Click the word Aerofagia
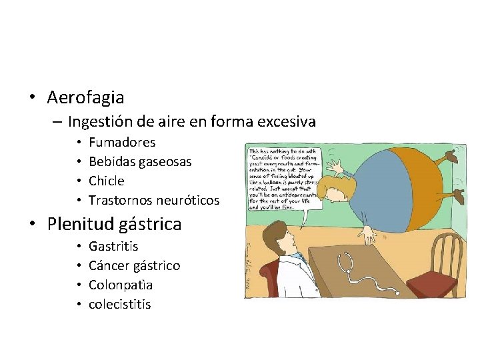[x=85, y=97]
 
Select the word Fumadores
[x=122, y=142]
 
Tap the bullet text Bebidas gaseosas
[x=140, y=161]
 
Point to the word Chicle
[x=107, y=181]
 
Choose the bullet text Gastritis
[x=113, y=246]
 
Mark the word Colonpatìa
[x=121, y=285]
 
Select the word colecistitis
[x=120, y=304]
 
